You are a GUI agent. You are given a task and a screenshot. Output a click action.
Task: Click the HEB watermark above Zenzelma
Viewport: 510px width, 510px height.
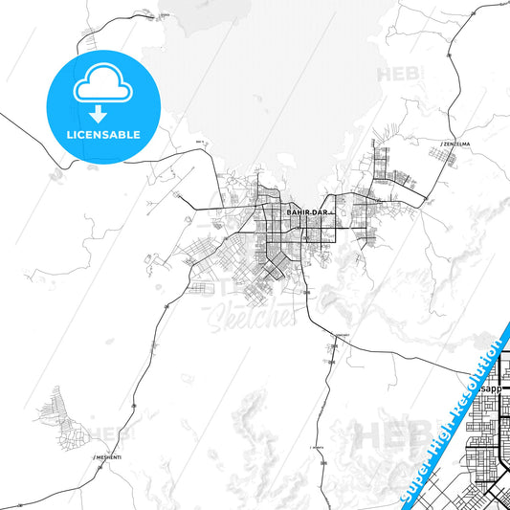point(402,73)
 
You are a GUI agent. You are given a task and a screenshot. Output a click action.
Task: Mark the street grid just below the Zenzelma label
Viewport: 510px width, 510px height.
point(392,168)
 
